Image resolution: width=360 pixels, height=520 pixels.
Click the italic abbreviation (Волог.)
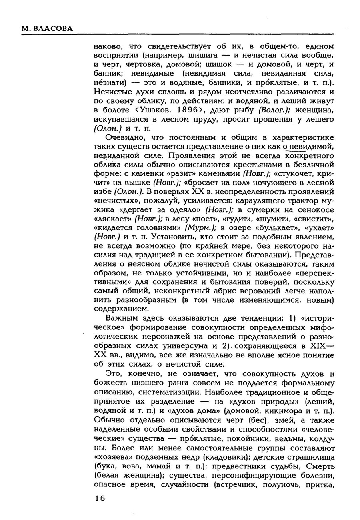273,110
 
